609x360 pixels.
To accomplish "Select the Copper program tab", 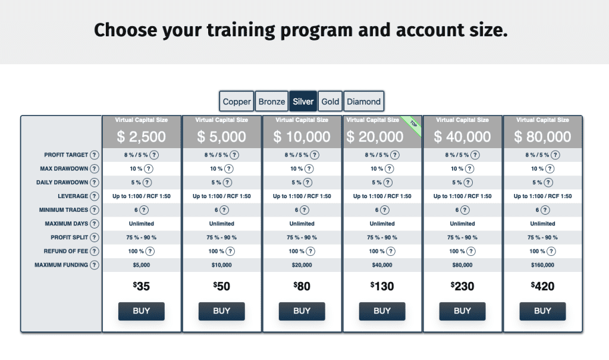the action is [x=237, y=102].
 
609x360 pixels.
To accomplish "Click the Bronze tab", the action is [x=271, y=102].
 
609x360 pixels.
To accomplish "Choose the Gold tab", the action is [x=330, y=102].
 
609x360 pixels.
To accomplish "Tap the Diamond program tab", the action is [x=363, y=102].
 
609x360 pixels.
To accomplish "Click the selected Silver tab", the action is [x=303, y=102].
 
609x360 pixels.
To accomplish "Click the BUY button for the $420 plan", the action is [x=542, y=311].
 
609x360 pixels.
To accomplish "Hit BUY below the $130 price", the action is [x=382, y=311].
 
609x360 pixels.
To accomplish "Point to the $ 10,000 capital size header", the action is [x=302, y=136].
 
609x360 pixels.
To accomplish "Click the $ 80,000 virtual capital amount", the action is [x=542, y=136].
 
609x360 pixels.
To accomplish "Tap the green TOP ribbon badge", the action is [x=413, y=126].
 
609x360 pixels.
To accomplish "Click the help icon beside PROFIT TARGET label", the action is [x=95, y=155].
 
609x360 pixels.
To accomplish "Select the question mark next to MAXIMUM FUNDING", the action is [x=95, y=265].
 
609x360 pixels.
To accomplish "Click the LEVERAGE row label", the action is [x=73, y=196].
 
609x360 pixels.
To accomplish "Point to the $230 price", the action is [x=462, y=286].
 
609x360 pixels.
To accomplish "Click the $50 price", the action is [x=221, y=286].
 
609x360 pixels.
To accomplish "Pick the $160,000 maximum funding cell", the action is [x=542, y=265].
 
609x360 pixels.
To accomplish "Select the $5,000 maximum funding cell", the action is [x=142, y=265].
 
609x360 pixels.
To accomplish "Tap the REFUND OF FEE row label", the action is [x=65, y=251].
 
